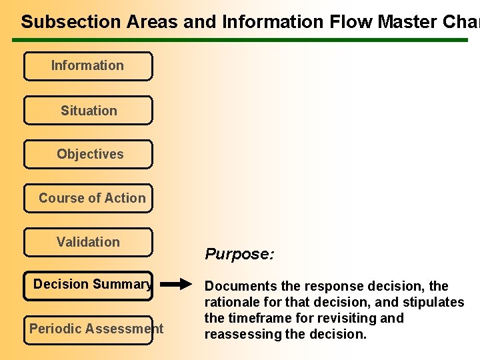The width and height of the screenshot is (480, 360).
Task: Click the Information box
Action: [x=87, y=66]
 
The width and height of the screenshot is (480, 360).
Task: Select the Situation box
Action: [x=88, y=111]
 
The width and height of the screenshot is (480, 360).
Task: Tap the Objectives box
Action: [x=88, y=155]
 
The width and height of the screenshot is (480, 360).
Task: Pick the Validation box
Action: [x=88, y=243]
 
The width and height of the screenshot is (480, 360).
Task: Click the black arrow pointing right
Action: [x=176, y=285]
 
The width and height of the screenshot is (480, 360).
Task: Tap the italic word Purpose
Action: [x=239, y=254]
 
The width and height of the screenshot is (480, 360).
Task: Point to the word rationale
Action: [x=231, y=302]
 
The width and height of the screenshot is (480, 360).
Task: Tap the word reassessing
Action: [x=243, y=334]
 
